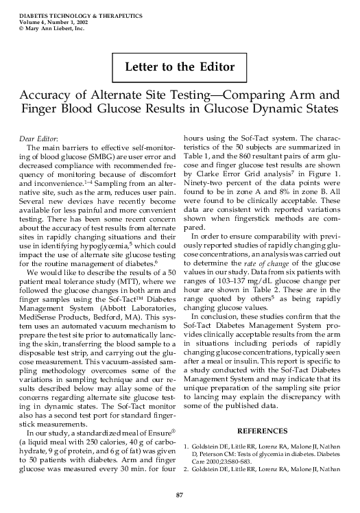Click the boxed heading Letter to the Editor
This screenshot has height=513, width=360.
pos(180,67)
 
